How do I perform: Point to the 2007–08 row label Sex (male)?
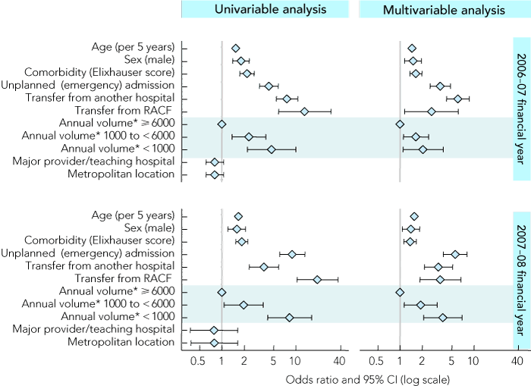(x=149, y=228)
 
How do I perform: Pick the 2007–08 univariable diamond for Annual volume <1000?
(x=289, y=317)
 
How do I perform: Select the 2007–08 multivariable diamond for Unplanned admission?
(x=455, y=254)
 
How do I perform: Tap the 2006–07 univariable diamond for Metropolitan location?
(x=215, y=174)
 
